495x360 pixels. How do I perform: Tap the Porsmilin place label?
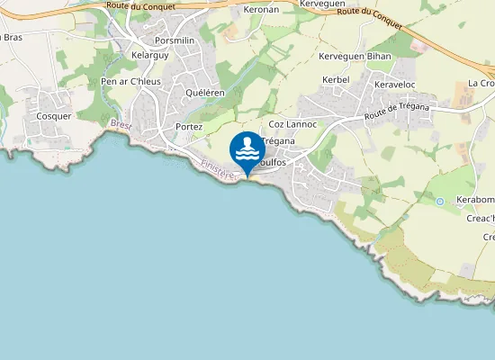click(175, 40)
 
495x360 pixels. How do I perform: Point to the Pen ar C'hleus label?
click(130, 82)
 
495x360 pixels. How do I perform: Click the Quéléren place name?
click(204, 93)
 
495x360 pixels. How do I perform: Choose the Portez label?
click(189, 127)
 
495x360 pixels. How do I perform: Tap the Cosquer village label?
click(48, 116)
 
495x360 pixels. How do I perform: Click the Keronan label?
click(262, 11)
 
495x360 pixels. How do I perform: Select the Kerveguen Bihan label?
click(355, 56)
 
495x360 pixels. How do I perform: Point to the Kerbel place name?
click(335, 80)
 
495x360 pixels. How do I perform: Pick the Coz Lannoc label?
click(292, 124)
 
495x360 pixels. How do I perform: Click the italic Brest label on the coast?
click(121, 126)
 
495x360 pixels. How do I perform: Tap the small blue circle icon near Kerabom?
click(439, 202)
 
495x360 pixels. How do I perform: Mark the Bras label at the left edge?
click(12, 37)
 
